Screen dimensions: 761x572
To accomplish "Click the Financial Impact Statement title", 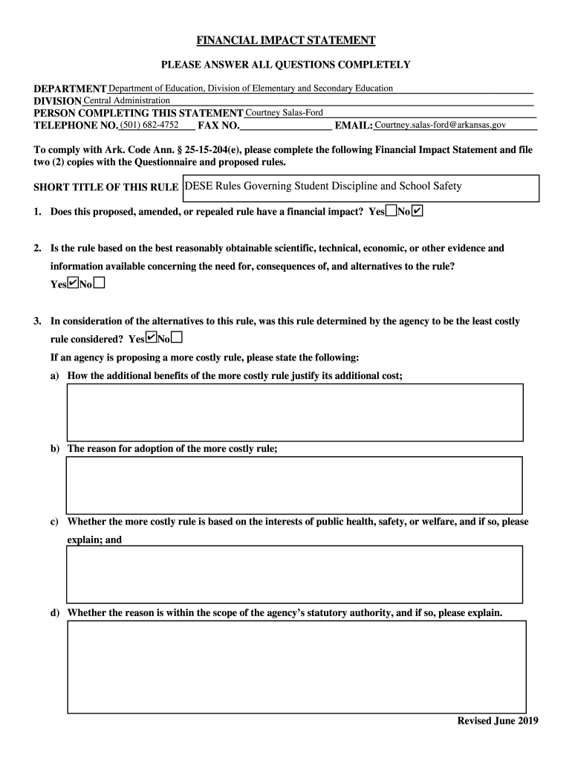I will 285,40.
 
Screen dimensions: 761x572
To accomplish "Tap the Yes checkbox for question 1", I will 391,212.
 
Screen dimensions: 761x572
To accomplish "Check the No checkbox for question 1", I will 417,212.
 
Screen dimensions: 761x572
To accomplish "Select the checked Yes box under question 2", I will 73,283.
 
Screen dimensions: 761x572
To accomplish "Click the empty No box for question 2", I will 99,283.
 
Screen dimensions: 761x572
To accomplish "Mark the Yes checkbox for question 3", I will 151,338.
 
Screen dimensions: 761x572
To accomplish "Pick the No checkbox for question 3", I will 177,338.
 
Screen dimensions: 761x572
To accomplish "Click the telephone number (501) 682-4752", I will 149,125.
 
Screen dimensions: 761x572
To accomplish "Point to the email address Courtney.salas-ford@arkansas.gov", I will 441,125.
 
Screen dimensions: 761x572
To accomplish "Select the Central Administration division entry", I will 126,100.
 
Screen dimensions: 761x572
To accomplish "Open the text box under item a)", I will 295,412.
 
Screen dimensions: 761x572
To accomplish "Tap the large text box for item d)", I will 296,661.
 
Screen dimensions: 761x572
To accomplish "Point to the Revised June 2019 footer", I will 498,721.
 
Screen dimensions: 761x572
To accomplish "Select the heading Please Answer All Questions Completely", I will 285,65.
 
